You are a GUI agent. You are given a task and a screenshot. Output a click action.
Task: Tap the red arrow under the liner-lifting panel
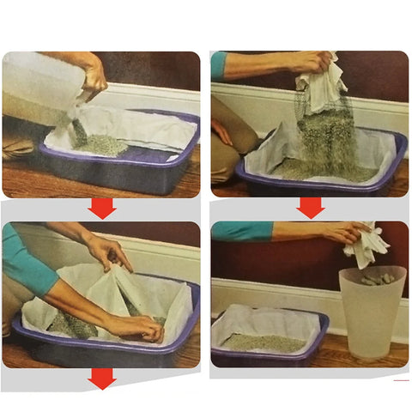310,207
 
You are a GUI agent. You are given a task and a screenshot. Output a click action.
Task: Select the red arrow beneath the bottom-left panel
102,379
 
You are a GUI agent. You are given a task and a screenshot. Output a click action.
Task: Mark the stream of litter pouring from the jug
79,130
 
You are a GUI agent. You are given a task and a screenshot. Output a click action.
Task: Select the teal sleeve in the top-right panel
220,64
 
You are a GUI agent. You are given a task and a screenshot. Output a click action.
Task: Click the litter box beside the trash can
266,339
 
